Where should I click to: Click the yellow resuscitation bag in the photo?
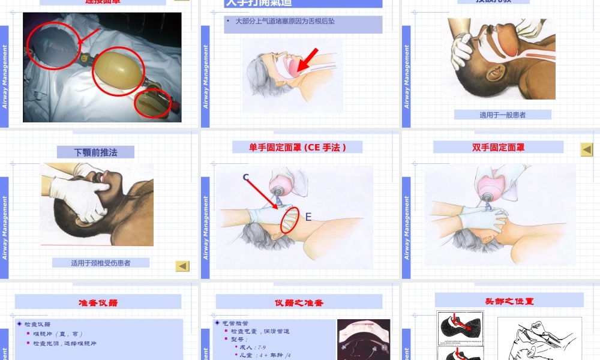point(118,71)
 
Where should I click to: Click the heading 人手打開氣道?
point(259,3)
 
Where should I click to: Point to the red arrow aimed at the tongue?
point(307,60)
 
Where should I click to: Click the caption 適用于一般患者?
point(502,115)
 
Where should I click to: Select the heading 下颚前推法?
point(95,152)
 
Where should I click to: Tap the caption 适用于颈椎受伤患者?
point(100,263)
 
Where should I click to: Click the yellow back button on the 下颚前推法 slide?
point(182,266)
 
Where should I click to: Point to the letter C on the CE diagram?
point(246,178)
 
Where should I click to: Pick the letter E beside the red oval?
point(308,217)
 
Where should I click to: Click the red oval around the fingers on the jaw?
point(290,220)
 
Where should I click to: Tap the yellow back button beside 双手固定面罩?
point(586,149)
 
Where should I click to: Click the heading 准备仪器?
point(98,302)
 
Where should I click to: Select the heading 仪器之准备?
point(299,302)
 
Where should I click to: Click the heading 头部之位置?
point(509,301)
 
